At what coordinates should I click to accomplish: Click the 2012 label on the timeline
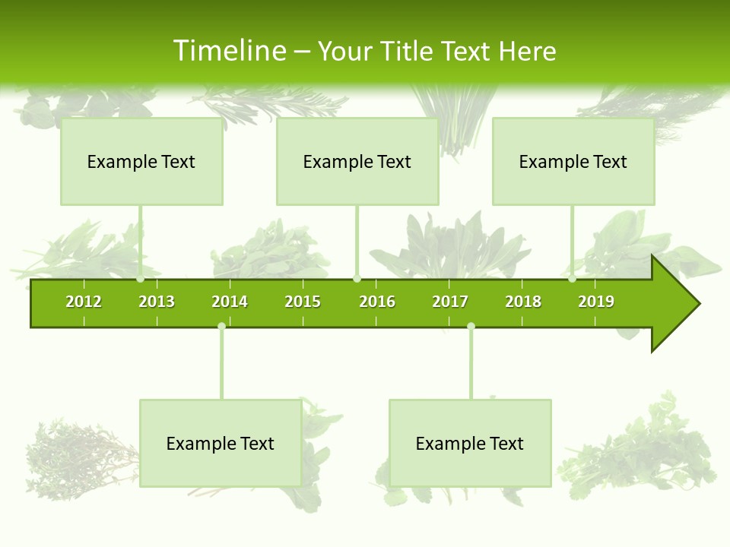point(84,302)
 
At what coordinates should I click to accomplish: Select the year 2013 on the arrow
point(157,302)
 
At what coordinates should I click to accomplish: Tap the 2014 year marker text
point(230,302)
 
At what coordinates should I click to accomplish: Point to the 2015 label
point(303,302)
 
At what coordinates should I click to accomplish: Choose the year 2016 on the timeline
point(377,302)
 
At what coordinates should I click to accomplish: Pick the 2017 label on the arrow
point(450,302)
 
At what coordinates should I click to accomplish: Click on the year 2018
point(523,302)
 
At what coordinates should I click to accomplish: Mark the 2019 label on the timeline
point(596,302)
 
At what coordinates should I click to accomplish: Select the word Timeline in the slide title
point(229,51)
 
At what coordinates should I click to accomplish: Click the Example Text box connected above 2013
point(141,161)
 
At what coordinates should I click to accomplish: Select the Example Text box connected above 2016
point(357,161)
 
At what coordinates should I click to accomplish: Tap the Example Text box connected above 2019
point(573,161)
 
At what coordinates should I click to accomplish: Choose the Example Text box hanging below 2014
point(221,443)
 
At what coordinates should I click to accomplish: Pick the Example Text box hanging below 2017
point(470,443)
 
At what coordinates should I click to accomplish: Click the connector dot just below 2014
point(221,326)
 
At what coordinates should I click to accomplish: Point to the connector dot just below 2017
point(471,326)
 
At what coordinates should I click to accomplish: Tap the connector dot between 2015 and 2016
point(357,279)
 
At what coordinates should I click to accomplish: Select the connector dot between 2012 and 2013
point(141,279)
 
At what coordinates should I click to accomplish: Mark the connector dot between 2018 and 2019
point(573,279)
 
